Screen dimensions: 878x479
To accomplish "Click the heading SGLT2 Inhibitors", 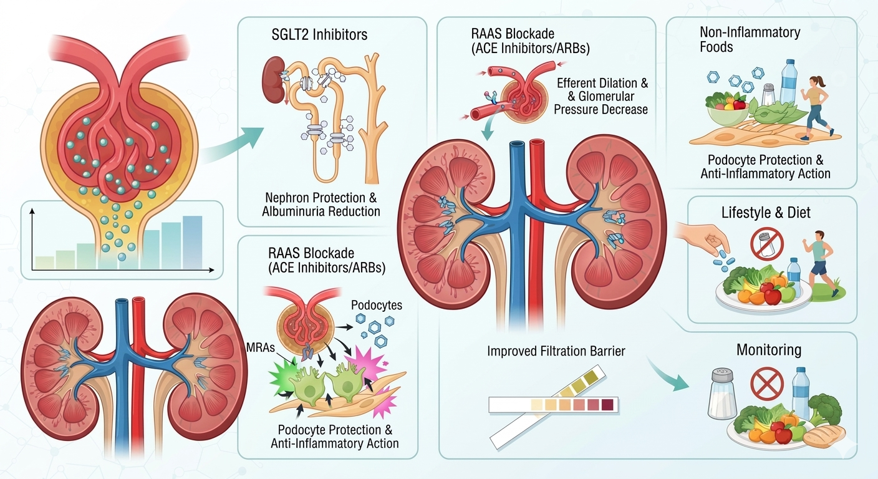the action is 319,34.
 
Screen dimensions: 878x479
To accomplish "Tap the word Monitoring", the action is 769,350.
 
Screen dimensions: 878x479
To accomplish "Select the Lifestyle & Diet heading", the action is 766,213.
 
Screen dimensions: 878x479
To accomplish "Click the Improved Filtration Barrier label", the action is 556,351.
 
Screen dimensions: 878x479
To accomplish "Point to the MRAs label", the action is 261,347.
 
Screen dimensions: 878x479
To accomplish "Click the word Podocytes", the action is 376,305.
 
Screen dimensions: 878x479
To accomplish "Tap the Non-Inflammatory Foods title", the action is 750,39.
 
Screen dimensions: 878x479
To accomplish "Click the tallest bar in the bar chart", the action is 193,242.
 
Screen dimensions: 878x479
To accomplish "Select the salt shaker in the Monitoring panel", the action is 722,394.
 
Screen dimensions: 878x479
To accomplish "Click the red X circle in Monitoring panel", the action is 767,384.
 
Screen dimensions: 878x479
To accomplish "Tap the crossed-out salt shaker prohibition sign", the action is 766,244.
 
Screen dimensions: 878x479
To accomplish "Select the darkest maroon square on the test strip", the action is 607,405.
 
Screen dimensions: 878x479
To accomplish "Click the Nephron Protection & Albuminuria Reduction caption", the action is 321,204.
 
